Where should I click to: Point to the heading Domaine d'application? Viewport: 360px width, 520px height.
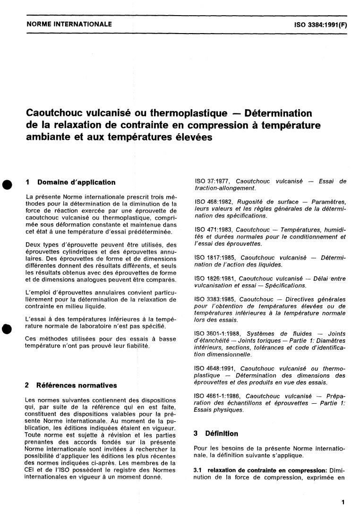[76, 182]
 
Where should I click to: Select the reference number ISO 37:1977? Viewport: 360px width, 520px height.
[213, 181]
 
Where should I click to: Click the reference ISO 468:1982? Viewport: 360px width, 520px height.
[215, 202]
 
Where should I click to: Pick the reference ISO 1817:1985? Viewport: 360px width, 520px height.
[216, 257]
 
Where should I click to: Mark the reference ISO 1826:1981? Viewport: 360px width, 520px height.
[216, 278]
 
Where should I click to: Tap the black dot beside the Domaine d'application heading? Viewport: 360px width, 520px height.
[6, 184]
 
